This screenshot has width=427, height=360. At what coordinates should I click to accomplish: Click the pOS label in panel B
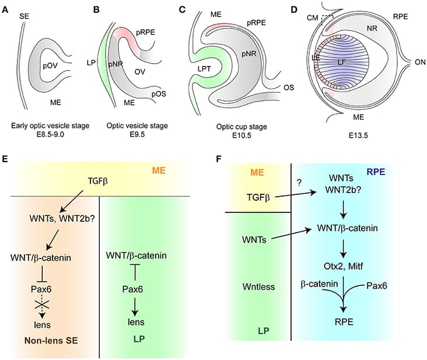(x=160, y=94)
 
